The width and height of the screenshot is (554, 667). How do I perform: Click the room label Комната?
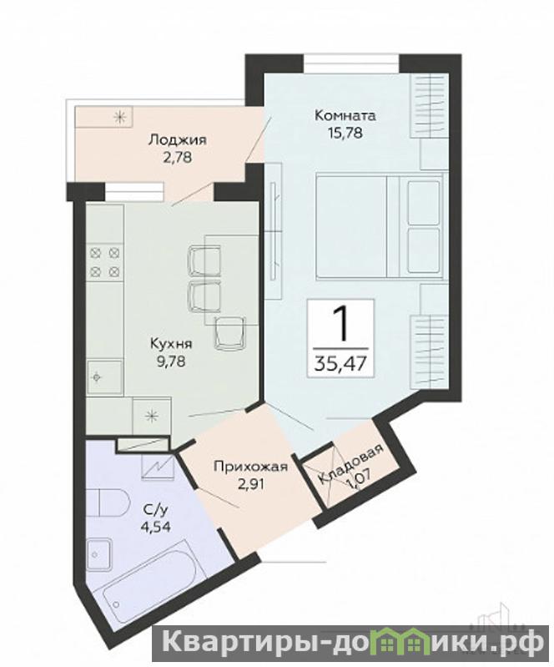[345, 116]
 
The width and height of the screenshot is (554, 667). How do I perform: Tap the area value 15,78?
[345, 133]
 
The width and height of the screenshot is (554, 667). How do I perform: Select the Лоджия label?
[178, 139]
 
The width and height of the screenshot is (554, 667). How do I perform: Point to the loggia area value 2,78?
[178, 158]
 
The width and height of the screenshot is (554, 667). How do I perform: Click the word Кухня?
[171, 343]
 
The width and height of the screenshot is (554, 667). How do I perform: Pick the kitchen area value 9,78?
[171, 361]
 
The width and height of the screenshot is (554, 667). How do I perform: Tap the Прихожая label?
[251, 467]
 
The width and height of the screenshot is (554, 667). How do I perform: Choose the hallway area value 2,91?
[251, 484]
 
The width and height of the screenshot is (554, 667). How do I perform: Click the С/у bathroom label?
[156, 509]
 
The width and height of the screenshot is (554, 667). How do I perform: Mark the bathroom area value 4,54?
[156, 527]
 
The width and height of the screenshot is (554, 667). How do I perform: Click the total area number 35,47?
[340, 363]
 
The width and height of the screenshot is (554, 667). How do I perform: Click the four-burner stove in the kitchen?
[104, 262]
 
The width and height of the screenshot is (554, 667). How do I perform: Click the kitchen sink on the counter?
[104, 376]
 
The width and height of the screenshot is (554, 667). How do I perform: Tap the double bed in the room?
[380, 226]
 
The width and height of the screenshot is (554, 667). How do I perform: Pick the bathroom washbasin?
[99, 555]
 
